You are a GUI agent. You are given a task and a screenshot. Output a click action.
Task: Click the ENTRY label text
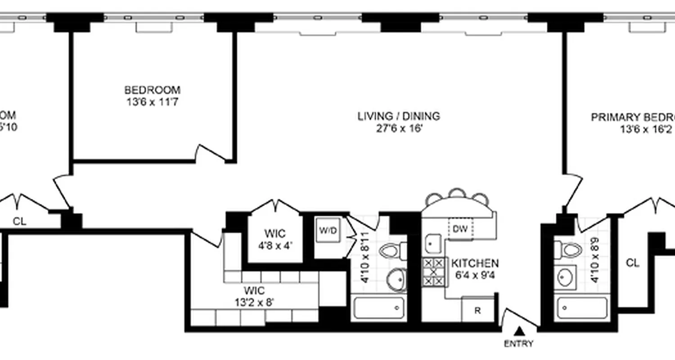coord(519,344)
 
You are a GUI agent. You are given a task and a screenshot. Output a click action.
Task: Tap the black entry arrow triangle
coord(519,332)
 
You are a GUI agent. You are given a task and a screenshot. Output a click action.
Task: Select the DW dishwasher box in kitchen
coord(460,229)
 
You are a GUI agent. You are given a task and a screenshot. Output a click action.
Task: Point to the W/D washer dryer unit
coord(328,231)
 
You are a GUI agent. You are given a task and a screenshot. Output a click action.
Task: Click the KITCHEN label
coord(475,263)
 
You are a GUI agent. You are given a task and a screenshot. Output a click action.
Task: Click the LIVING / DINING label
coord(399,116)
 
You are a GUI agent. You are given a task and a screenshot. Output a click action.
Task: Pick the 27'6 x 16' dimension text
coord(399,129)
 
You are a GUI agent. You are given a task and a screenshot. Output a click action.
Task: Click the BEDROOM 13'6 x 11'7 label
coord(153,96)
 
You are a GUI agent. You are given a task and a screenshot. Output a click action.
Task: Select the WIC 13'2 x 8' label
coord(254,296)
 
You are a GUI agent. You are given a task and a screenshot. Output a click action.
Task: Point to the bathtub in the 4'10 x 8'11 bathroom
coord(378,308)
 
